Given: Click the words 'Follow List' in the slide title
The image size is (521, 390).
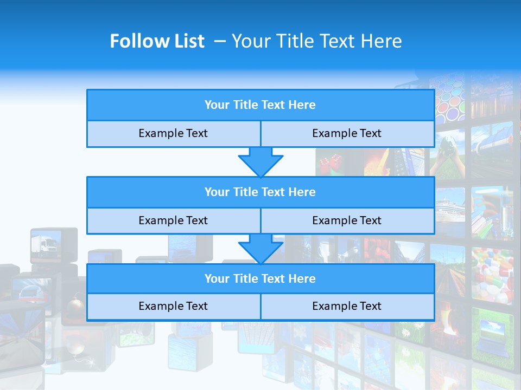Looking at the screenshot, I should click(x=157, y=41).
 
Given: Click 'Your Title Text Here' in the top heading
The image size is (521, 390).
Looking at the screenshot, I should click(x=316, y=41).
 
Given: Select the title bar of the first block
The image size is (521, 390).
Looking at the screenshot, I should click(x=260, y=105).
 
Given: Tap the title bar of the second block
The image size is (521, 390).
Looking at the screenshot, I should click(x=260, y=192).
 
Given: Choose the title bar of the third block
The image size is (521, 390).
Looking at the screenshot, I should click(x=260, y=279).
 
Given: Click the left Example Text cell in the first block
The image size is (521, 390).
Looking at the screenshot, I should click(x=173, y=134).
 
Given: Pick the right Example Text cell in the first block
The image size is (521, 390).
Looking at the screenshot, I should click(x=347, y=134).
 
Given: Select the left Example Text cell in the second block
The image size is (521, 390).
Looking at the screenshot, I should click(x=173, y=221).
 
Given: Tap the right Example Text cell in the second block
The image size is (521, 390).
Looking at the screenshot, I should click(x=347, y=221).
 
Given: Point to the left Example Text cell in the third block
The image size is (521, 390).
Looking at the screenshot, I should click(x=173, y=307).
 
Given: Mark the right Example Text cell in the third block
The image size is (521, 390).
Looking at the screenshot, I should click(x=347, y=307).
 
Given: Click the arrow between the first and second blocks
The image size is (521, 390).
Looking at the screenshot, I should click(x=260, y=161).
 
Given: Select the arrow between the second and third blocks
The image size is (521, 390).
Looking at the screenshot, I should click(x=260, y=249).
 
